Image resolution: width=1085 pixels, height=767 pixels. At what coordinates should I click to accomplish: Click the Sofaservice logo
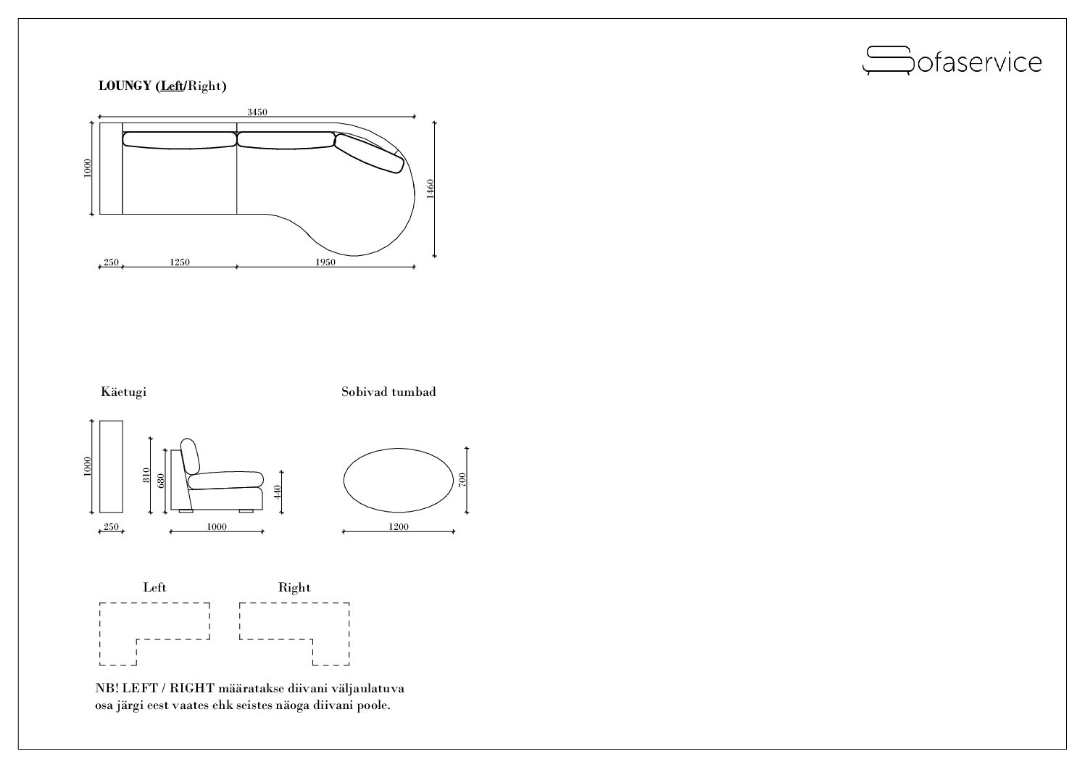click(952, 61)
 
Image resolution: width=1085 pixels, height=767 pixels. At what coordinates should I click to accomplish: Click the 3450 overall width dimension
click(257, 112)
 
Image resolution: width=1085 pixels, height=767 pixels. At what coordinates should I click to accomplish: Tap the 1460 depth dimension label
click(430, 189)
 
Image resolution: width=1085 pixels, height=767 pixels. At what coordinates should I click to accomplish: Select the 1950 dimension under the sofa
click(325, 262)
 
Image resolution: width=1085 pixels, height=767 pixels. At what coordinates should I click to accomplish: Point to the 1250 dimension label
click(180, 262)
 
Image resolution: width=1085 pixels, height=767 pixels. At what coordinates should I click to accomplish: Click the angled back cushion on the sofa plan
click(369, 153)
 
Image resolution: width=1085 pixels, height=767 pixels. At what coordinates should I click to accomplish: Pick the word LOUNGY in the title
click(125, 86)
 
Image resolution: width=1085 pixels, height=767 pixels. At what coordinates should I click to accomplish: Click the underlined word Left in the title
click(172, 86)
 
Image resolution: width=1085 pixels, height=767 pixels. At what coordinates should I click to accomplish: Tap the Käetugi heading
click(123, 391)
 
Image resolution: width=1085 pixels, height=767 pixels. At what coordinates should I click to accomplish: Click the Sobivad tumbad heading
click(388, 391)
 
